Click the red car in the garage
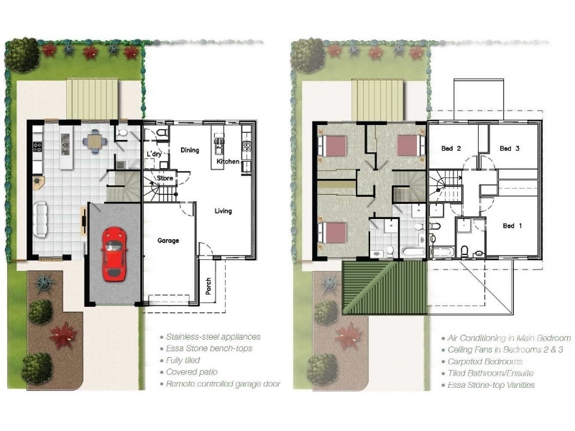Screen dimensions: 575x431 point(114,254)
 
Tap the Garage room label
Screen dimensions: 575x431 point(168,241)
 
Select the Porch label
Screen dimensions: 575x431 point(208,286)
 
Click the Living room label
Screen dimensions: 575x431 point(223,211)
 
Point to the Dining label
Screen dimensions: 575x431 point(190,150)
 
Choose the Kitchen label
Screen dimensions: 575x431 point(228,161)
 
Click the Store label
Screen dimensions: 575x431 point(165,178)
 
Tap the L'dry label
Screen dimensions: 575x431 point(154,154)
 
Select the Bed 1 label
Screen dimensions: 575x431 point(512,226)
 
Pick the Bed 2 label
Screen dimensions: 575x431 point(451,149)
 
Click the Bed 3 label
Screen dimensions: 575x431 point(510,149)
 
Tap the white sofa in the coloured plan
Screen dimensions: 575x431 point(40,220)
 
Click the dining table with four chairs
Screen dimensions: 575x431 point(96,141)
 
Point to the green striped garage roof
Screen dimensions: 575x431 point(385,287)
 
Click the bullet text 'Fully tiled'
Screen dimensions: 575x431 point(183,361)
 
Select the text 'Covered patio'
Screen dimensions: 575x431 point(191,372)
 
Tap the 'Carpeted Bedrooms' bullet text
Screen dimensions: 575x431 point(484,362)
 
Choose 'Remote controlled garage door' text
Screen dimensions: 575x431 point(223,384)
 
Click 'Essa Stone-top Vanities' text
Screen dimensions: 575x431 point(491,385)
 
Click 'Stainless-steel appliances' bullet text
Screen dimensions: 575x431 point(213,337)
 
